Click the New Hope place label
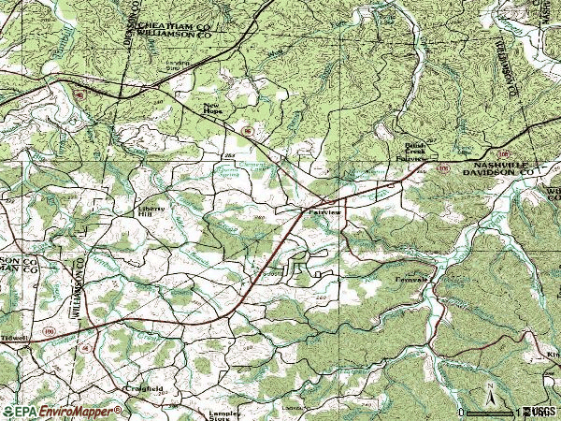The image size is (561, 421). (x=212, y=108)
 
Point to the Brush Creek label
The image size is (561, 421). (x=414, y=150)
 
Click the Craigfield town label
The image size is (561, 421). (x=143, y=388)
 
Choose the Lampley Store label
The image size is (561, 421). (x=225, y=414)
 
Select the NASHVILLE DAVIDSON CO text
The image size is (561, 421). (x=490, y=167)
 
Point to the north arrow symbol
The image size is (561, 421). (x=488, y=394)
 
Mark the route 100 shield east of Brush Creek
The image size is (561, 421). (x=442, y=169)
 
